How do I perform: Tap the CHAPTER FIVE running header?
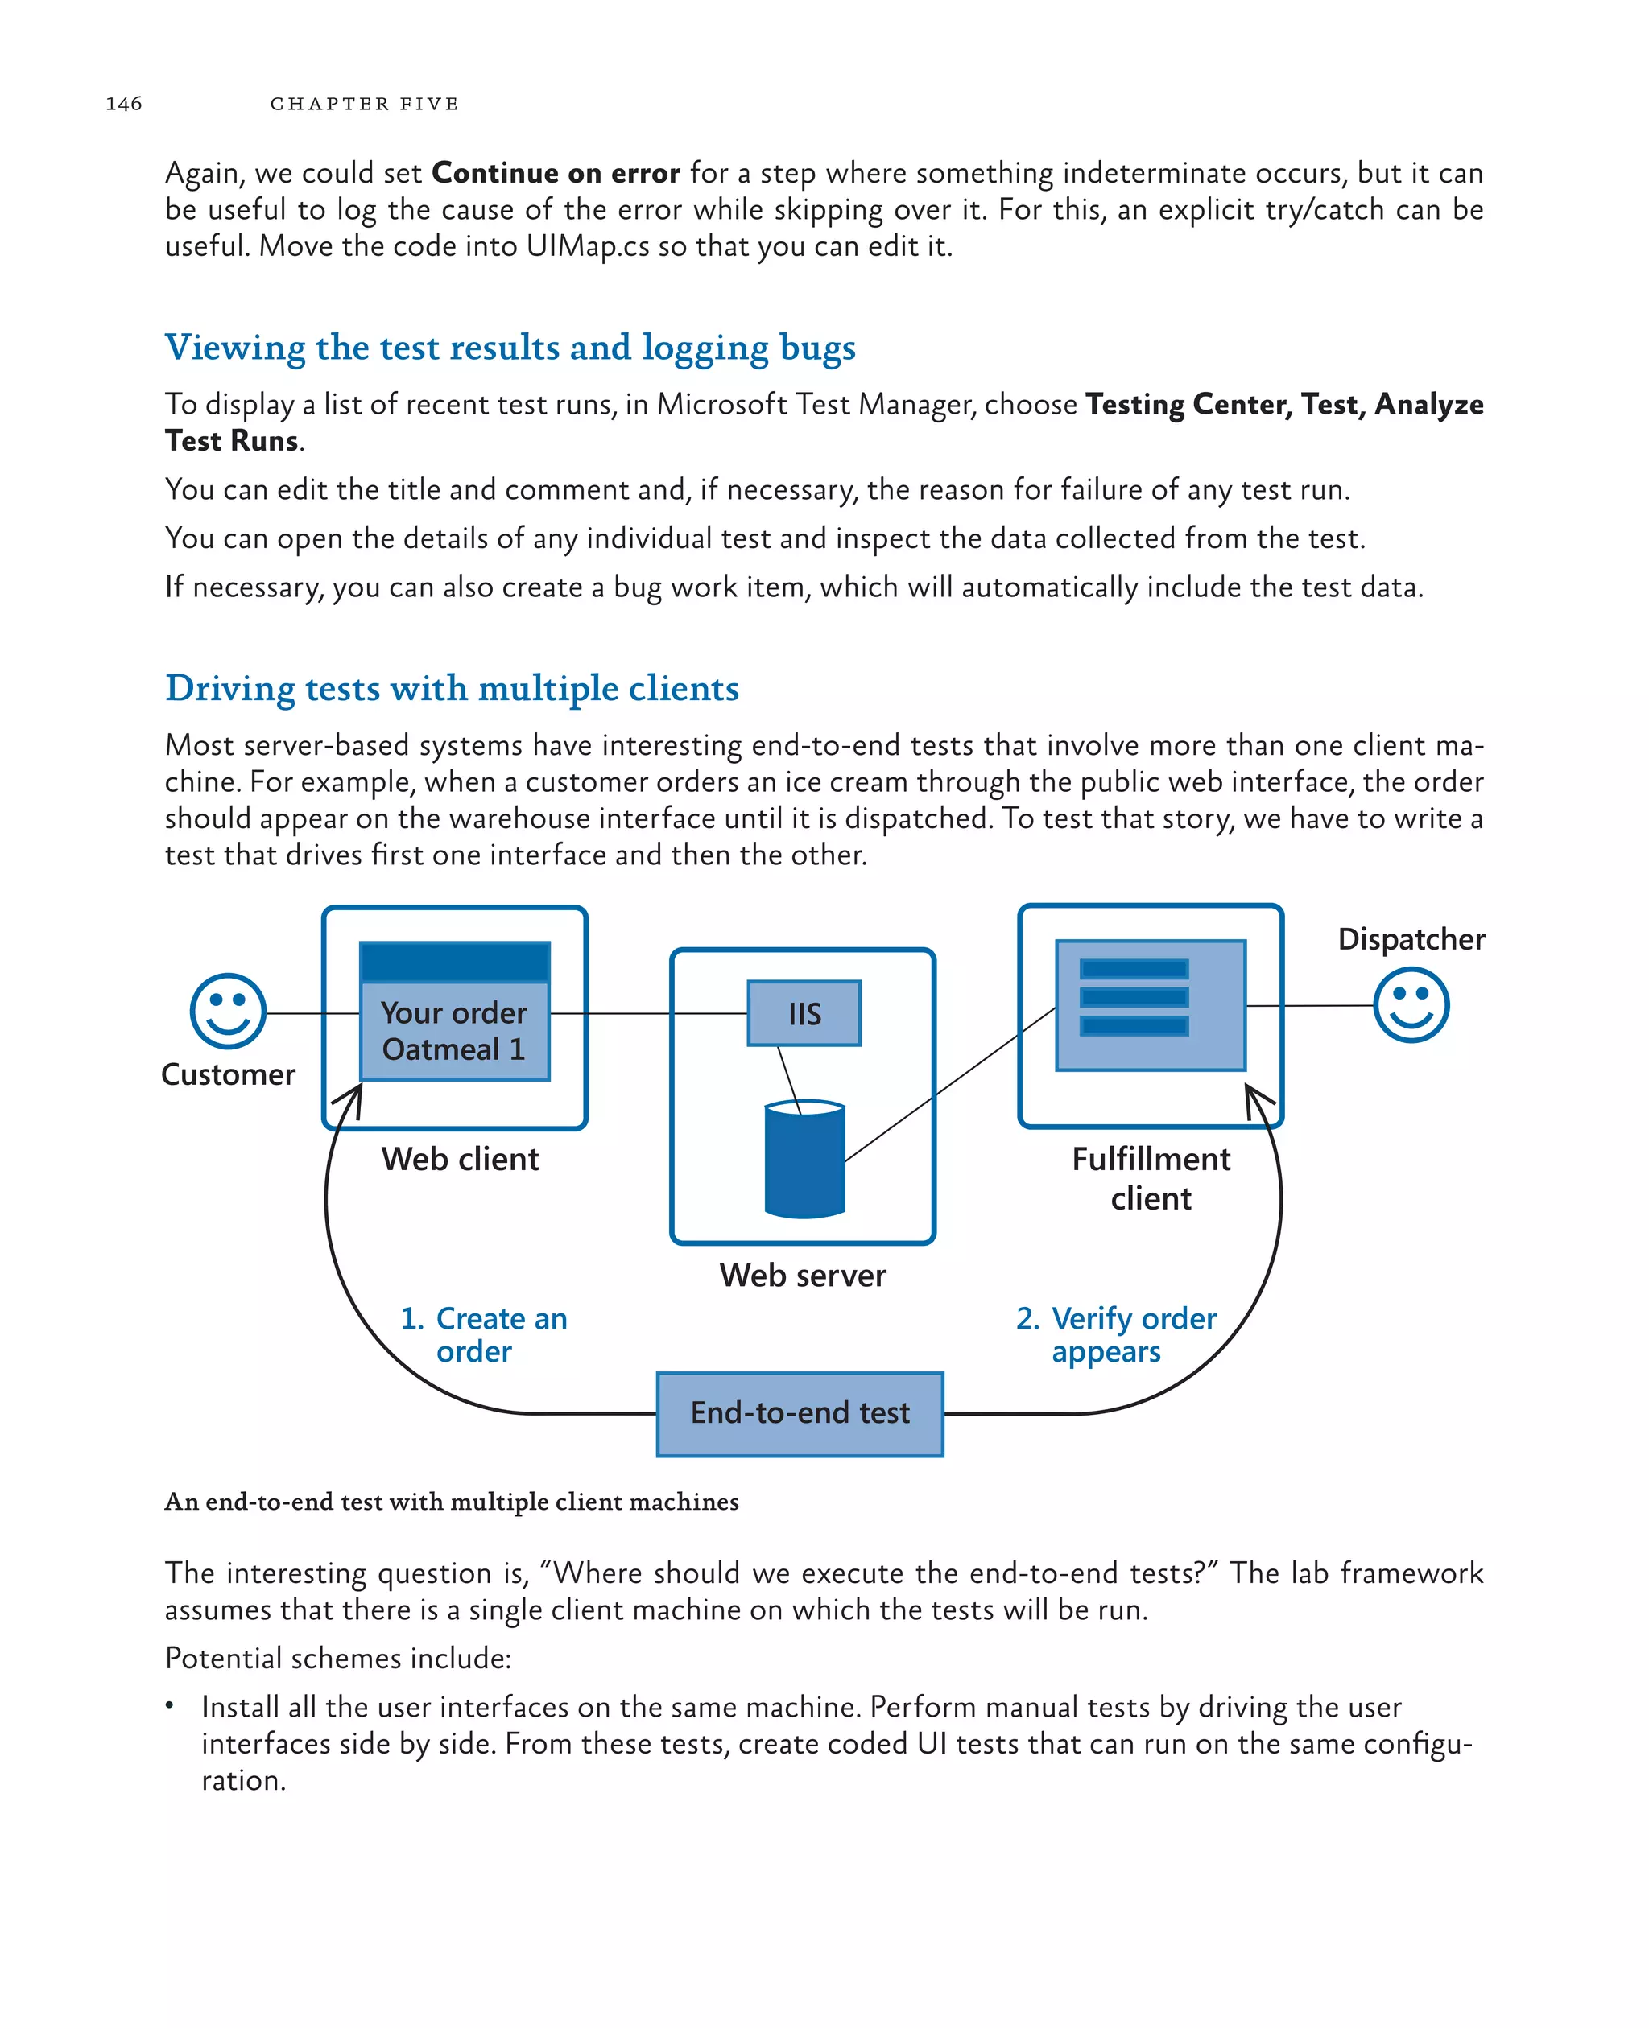pyautogui.click(x=364, y=104)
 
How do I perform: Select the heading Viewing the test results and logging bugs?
pyautogui.click(x=510, y=348)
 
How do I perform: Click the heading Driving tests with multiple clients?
pyautogui.click(x=453, y=688)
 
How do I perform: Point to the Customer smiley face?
pyautogui.click(x=228, y=1011)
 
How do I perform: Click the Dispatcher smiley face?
pyautogui.click(x=1411, y=1005)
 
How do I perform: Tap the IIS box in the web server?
pyautogui.click(x=804, y=1014)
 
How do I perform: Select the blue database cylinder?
pyautogui.click(x=804, y=1160)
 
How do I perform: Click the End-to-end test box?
pyautogui.click(x=800, y=1414)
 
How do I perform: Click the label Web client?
pyautogui.click(x=460, y=1160)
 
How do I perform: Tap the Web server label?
pyautogui.click(x=803, y=1275)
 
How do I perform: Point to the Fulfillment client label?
pyautogui.click(x=1151, y=1178)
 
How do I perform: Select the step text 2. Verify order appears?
pyautogui.click(x=1116, y=1334)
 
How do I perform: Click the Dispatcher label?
pyautogui.click(x=1411, y=939)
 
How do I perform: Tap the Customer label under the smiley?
pyautogui.click(x=228, y=1075)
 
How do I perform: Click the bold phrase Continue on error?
pyautogui.click(x=556, y=174)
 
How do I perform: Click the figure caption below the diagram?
pyautogui.click(x=453, y=1502)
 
